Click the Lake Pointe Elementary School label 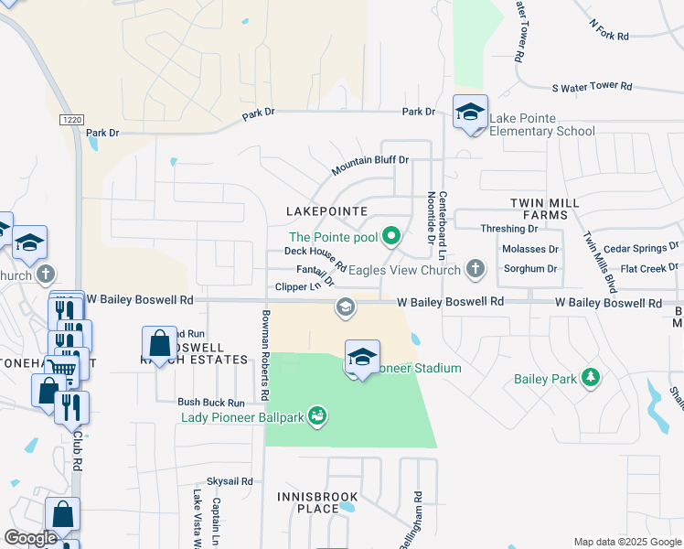pyautogui.click(x=541, y=124)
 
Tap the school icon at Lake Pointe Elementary pyautogui.click(x=470, y=113)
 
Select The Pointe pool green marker pyautogui.click(x=391, y=237)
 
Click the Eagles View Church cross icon pyautogui.click(x=474, y=269)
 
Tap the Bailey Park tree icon pyautogui.click(x=591, y=379)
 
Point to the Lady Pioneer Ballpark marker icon pyautogui.click(x=317, y=416)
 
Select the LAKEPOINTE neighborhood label pyautogui.click(x=326, y=211)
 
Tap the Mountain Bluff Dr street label pyautogui.click(x=369, y=166)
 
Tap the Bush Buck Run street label pyautogui.click(x=211, y=402)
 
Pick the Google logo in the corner pyautogui.click(x=30, y=538)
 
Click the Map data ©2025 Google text pyautogui.click(x=626, y=542)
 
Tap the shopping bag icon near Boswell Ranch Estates pyautogui.click(x=159, y=345)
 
